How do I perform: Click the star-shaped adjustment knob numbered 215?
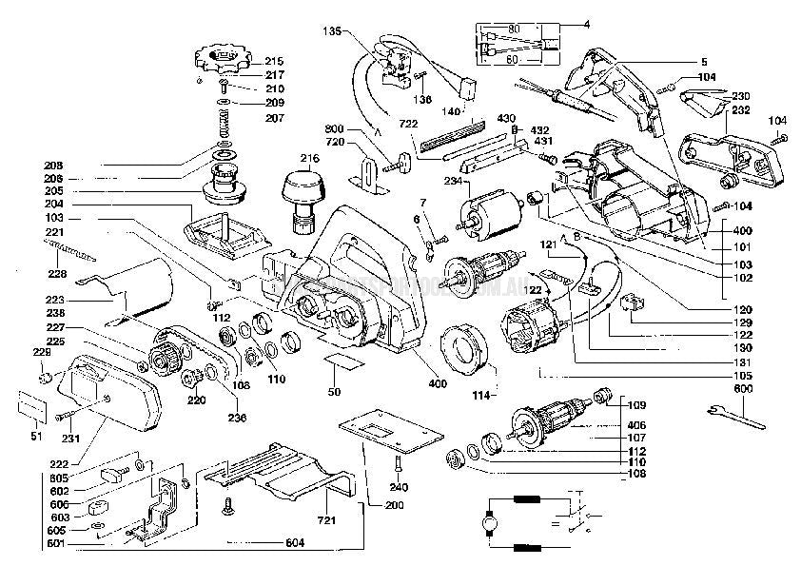(x=218, y=60)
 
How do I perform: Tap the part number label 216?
(x=309, y=158)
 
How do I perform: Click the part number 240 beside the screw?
(x=400, y=487)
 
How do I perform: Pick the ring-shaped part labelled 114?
(x=468, y=349)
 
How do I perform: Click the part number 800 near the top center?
(x=334, y=128)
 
